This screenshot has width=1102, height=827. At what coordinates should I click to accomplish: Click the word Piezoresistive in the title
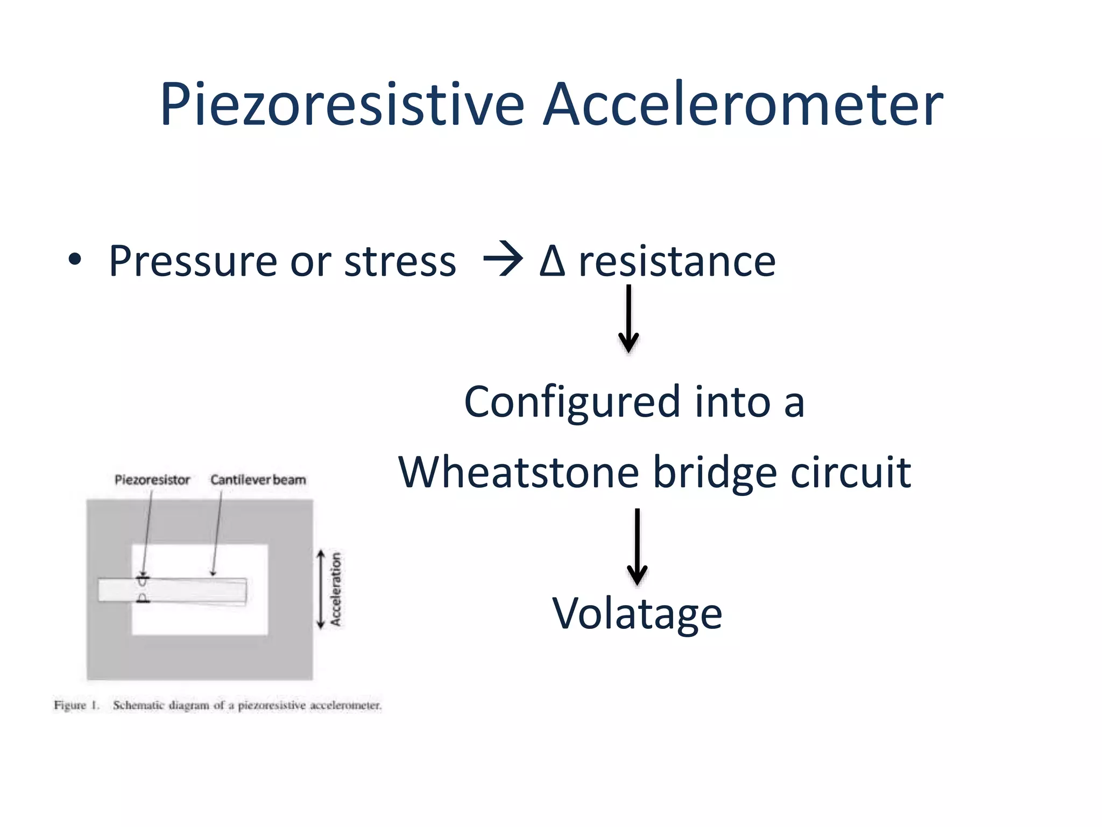tap(342, 104)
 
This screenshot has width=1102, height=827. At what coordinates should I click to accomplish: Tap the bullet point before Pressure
tap(75, 260)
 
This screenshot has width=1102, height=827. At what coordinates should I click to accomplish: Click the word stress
tap(400, 261)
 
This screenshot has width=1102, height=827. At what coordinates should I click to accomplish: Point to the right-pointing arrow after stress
tap(503, 260)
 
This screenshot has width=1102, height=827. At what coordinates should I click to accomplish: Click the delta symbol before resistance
tap(552, 261)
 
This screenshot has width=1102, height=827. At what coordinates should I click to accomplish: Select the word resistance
tap(677, 261)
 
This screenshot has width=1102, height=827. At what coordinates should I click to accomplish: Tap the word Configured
tap(573, 403)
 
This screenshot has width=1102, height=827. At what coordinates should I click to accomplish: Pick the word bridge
tap(715, 472)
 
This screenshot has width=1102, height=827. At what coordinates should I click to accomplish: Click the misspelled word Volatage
tap(637, 613)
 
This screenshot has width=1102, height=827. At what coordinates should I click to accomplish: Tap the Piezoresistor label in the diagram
tap(152, 480)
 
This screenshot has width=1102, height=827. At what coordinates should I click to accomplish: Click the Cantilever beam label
tap(258, 480)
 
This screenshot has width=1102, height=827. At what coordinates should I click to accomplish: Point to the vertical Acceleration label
tap(336, 589)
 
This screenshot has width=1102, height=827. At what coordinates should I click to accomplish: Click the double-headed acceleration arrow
tap(321, 589)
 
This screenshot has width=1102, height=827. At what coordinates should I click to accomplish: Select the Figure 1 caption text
tap(217, 705)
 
